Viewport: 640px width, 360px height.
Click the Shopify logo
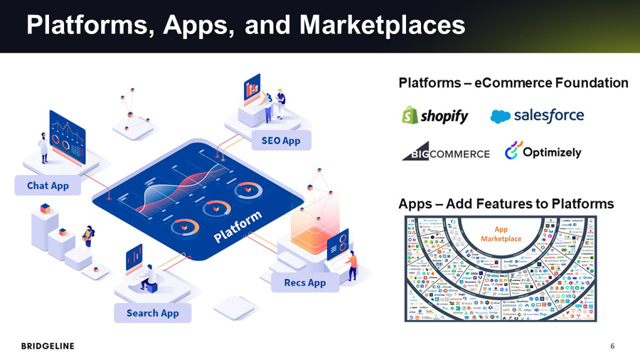[435, 116]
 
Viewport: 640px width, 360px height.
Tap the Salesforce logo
[537, 116]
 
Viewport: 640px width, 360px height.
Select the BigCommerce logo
[446, 152]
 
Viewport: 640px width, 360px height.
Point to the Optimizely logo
[543, 152]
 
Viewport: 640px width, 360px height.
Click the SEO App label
[281, 141]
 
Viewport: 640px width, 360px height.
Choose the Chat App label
[48, 186]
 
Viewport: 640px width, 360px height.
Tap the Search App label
[152, 313]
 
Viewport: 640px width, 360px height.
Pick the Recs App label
[305, 282]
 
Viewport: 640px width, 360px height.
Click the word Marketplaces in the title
[383, 26]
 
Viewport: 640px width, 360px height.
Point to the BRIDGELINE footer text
[48, 346]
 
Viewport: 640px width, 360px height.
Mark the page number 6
[612, 346]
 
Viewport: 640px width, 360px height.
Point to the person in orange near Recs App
[352, 265]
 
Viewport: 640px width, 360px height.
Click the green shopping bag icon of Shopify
[409, 115]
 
